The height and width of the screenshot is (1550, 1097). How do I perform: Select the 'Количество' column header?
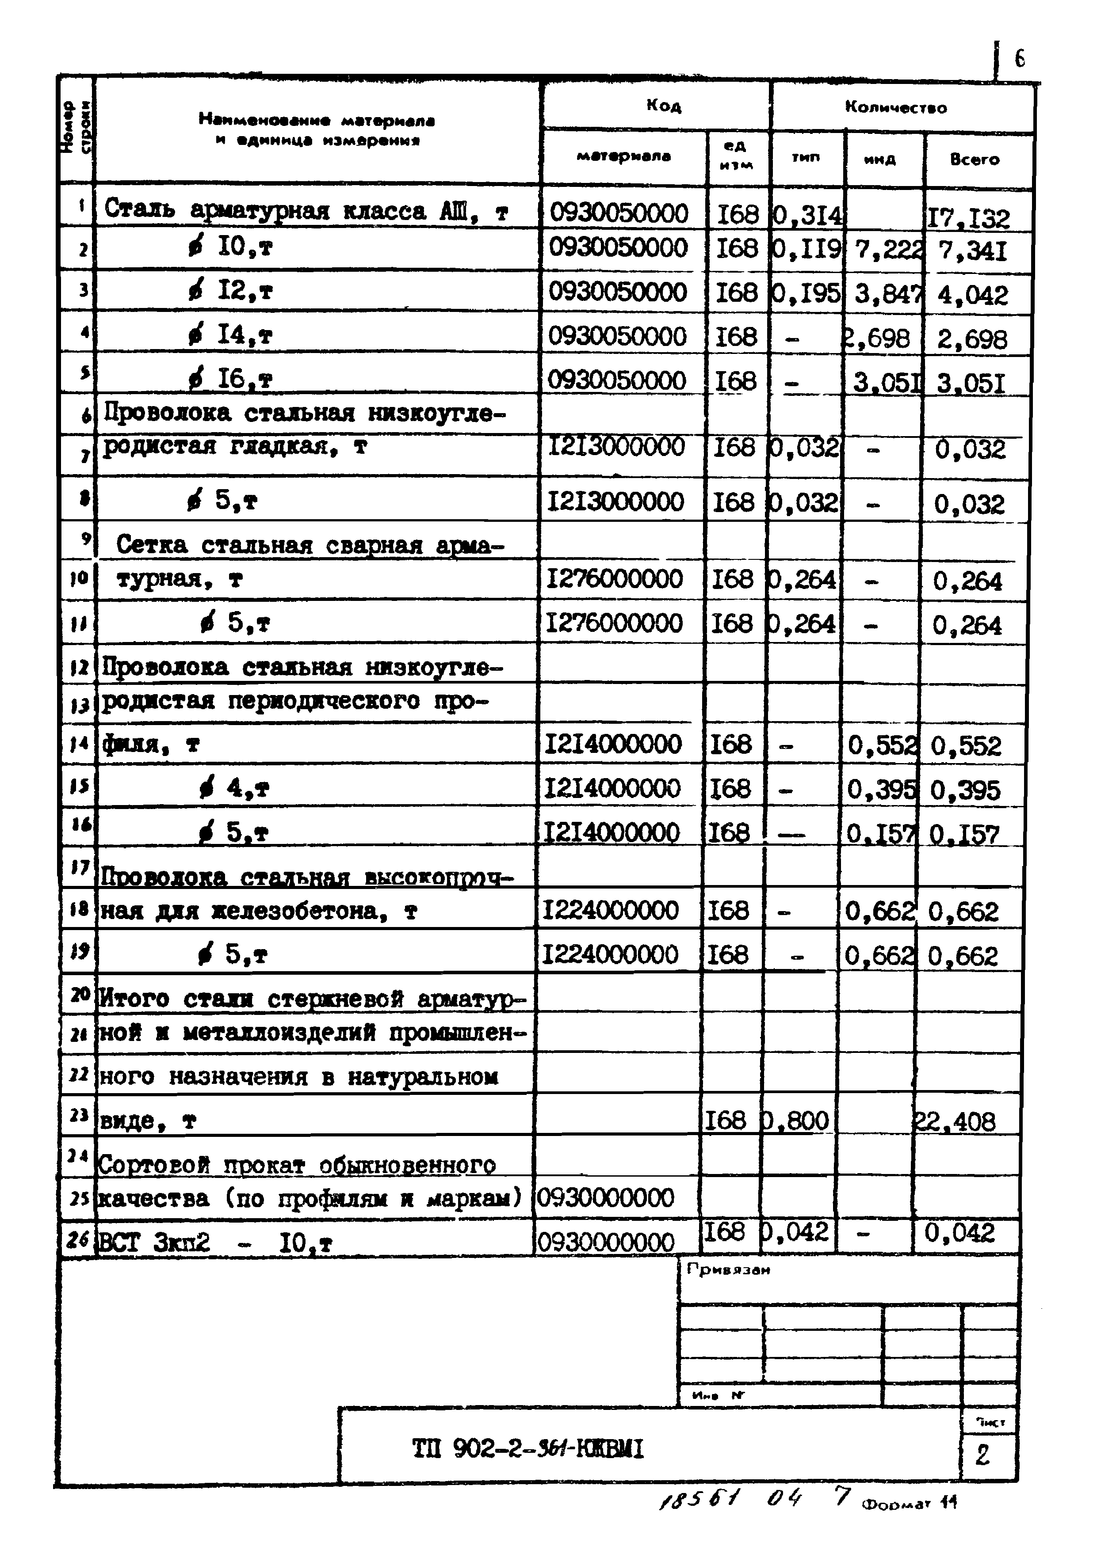(896, 107)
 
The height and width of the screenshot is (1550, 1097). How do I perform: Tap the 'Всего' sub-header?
(974, 160)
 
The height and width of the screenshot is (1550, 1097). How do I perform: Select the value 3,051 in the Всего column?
(971, 384)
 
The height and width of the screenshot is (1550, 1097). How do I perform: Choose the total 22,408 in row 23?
(955, 1122)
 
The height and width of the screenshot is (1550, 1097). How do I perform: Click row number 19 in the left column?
(79, 952)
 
